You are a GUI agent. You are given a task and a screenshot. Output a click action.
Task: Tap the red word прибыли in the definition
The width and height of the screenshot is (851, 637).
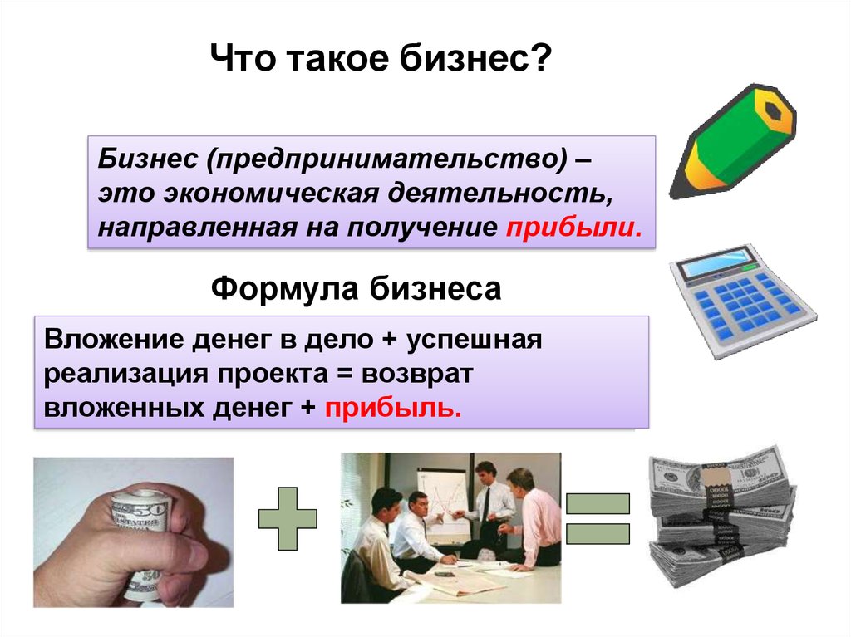573,228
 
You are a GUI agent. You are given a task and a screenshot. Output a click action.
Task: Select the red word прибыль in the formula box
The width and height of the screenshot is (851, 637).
393,408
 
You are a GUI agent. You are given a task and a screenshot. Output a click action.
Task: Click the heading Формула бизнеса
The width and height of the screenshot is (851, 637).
356,288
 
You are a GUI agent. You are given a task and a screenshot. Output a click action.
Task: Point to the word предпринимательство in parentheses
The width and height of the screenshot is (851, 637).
386,159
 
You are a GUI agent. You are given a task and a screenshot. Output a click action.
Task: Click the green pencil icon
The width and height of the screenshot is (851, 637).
733,142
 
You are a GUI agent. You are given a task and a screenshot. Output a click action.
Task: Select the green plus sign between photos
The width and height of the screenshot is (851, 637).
287,518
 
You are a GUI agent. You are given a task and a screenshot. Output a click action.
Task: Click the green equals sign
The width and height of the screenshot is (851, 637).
598,518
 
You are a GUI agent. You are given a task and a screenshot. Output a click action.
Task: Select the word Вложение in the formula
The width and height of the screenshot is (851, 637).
114,340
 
